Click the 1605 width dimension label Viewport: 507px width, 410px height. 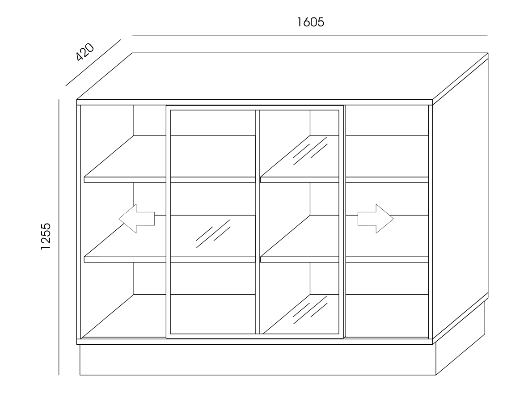[x=310, y=22]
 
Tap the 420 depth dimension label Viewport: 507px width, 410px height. [x=84, y=52]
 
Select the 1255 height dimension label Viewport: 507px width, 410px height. [x=46, y=236]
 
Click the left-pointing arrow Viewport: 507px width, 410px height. [x=136, y=219]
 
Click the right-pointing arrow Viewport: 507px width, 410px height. [x=376, y=219]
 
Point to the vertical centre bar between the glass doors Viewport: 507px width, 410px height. [x=258, y=222]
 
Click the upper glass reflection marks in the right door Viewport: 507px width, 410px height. [x=310, y=151]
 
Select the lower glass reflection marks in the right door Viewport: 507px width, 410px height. [x=310, y=310]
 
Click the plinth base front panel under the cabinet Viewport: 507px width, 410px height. [x=258, y=359]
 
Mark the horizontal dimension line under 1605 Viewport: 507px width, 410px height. [x=310, y=35]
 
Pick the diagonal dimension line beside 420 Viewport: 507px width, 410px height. [x=93, y=63]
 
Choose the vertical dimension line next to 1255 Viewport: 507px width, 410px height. [x=59, y=237]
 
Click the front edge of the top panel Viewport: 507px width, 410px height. [x=254, y=102]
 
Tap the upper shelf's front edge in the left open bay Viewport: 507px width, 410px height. [x=125, y=180]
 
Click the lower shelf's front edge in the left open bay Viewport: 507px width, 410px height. [x=125, y=259]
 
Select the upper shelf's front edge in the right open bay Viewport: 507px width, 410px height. [x=387, y=180]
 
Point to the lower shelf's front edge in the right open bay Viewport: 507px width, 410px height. [x=387, y=259]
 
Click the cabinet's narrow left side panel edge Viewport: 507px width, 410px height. [x=79, y=222]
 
